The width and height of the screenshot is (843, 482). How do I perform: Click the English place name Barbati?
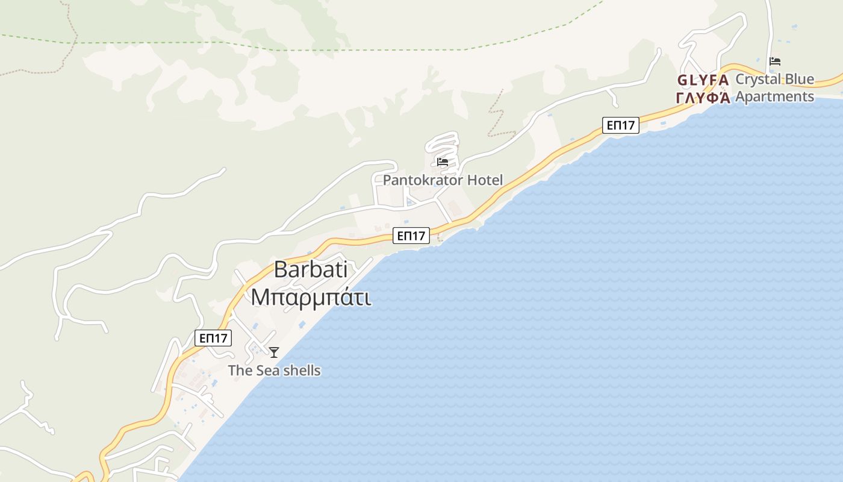[x=311, y=270]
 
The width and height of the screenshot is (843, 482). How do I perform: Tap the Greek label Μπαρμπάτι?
[x=311, y=297]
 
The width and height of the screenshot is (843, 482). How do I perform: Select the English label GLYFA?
[x=703, y=80]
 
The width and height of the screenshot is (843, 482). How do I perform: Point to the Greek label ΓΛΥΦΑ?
[x=703, y=98]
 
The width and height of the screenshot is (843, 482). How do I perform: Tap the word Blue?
[x=798, y=80]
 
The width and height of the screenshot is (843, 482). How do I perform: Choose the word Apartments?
[x=774, y=96]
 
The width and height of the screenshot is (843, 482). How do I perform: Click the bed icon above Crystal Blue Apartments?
[x=775, y=61]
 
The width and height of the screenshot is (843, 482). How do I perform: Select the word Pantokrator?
[x=423, y=180]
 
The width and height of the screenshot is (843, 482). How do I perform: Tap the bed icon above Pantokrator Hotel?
[x=443, y=161]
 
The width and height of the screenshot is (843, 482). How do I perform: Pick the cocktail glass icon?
[x=274, y=352]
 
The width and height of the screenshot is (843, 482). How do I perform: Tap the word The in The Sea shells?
[x=240, y=371]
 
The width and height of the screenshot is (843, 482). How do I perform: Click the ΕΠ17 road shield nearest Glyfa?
[x=620, y=125]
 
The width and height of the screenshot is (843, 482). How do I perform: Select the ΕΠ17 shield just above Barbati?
[x=411, y=236]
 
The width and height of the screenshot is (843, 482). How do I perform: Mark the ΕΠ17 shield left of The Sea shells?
[x=213, y=338]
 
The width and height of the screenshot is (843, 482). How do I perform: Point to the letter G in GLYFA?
[x=682, y=80]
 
